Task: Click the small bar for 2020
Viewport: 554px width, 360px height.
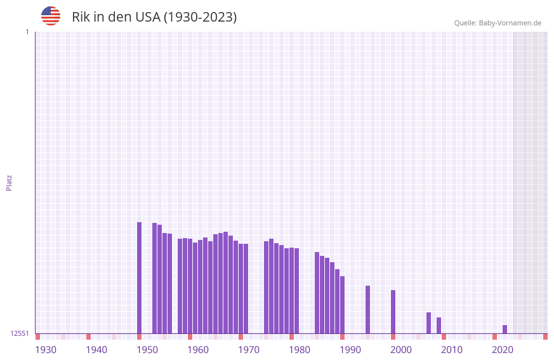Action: [x=505, y=329]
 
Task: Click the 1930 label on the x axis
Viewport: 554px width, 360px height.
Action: [x=46, y=350]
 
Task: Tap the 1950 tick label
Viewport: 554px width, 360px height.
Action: [x=147, y=350]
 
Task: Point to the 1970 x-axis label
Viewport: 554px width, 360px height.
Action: [x=249, y=350]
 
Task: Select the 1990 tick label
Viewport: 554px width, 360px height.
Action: [x=350, y=350]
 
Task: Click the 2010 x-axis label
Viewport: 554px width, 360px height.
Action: [x=452, y=350]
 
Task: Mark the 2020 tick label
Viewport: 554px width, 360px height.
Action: [x=503, y=350]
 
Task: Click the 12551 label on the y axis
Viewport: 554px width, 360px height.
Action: [x=20, y=333]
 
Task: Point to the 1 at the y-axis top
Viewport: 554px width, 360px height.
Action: [x=27, y=32]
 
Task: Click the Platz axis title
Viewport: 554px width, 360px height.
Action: [x=9, y=182]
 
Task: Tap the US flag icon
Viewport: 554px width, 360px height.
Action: [x=51, y=16]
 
